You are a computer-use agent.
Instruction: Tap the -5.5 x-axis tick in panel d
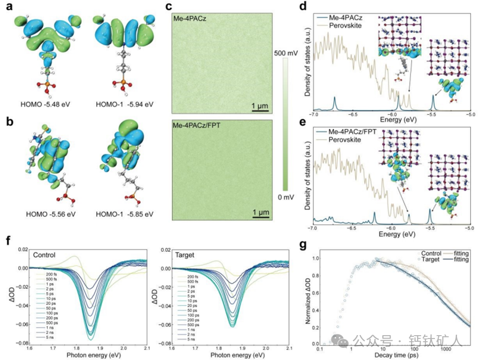431,117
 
